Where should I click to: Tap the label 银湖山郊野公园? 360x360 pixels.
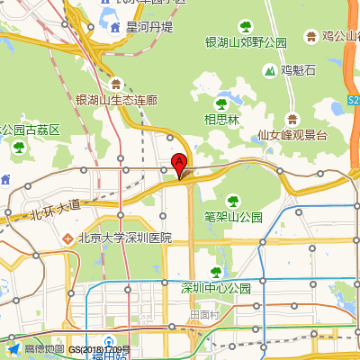(x=246, y=42)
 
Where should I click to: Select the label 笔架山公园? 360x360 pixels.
(x=232, y=217)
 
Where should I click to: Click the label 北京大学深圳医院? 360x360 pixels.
(x=124, y=238)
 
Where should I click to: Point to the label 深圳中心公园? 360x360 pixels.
(x=215, y=288)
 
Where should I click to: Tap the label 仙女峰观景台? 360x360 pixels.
(x=292, y=135)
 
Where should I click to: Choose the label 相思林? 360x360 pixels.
(x=221, y=119)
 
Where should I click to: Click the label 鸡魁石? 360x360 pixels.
(x=298, y=70)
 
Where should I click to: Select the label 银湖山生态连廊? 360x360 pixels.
(x=116, y=100)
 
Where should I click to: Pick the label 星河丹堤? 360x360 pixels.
(x=149, y=27)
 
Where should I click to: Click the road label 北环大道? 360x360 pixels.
(x=55, y=211)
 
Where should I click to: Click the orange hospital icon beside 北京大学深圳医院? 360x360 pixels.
(x=67, y=238)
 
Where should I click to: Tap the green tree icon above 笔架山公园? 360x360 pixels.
(x=232, y=200)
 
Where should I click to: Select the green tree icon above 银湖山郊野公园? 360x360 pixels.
(x=245, y=26)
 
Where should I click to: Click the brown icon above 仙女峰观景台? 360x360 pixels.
(x=292, y=119)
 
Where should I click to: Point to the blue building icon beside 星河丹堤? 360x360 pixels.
(x=116, y=27)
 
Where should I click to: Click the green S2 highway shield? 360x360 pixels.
(x=353, y=100)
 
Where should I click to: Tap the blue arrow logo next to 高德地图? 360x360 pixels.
(x=13, y=348)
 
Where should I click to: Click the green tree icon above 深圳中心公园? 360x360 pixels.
(x=214, y=272)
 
